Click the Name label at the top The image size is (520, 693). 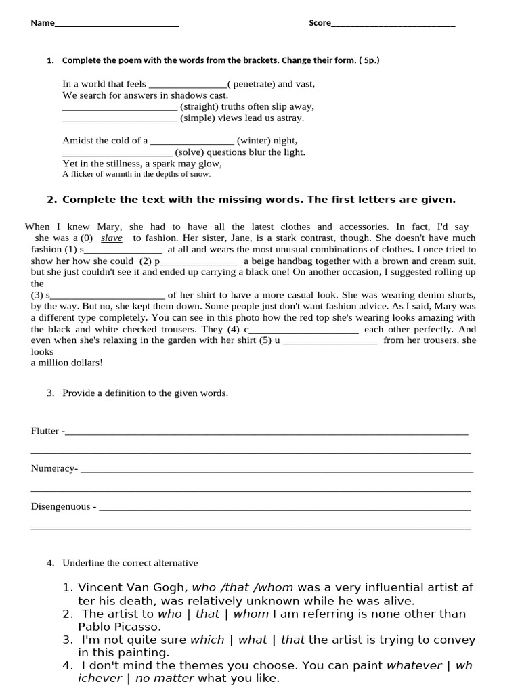(42, 23)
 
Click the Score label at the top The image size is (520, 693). (320, 23)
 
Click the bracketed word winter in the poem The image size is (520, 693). (254, 141)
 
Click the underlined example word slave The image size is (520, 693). (112, 238)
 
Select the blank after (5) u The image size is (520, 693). (329, 341)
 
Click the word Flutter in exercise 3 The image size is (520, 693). (45, 431)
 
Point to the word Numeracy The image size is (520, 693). (53, 468)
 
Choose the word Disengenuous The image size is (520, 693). (61, 506)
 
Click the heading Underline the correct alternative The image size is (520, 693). (130, 563)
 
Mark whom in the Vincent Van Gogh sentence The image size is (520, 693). (275, 588)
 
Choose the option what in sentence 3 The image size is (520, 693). (253, 640)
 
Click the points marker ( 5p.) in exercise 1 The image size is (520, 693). (369, 60)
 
